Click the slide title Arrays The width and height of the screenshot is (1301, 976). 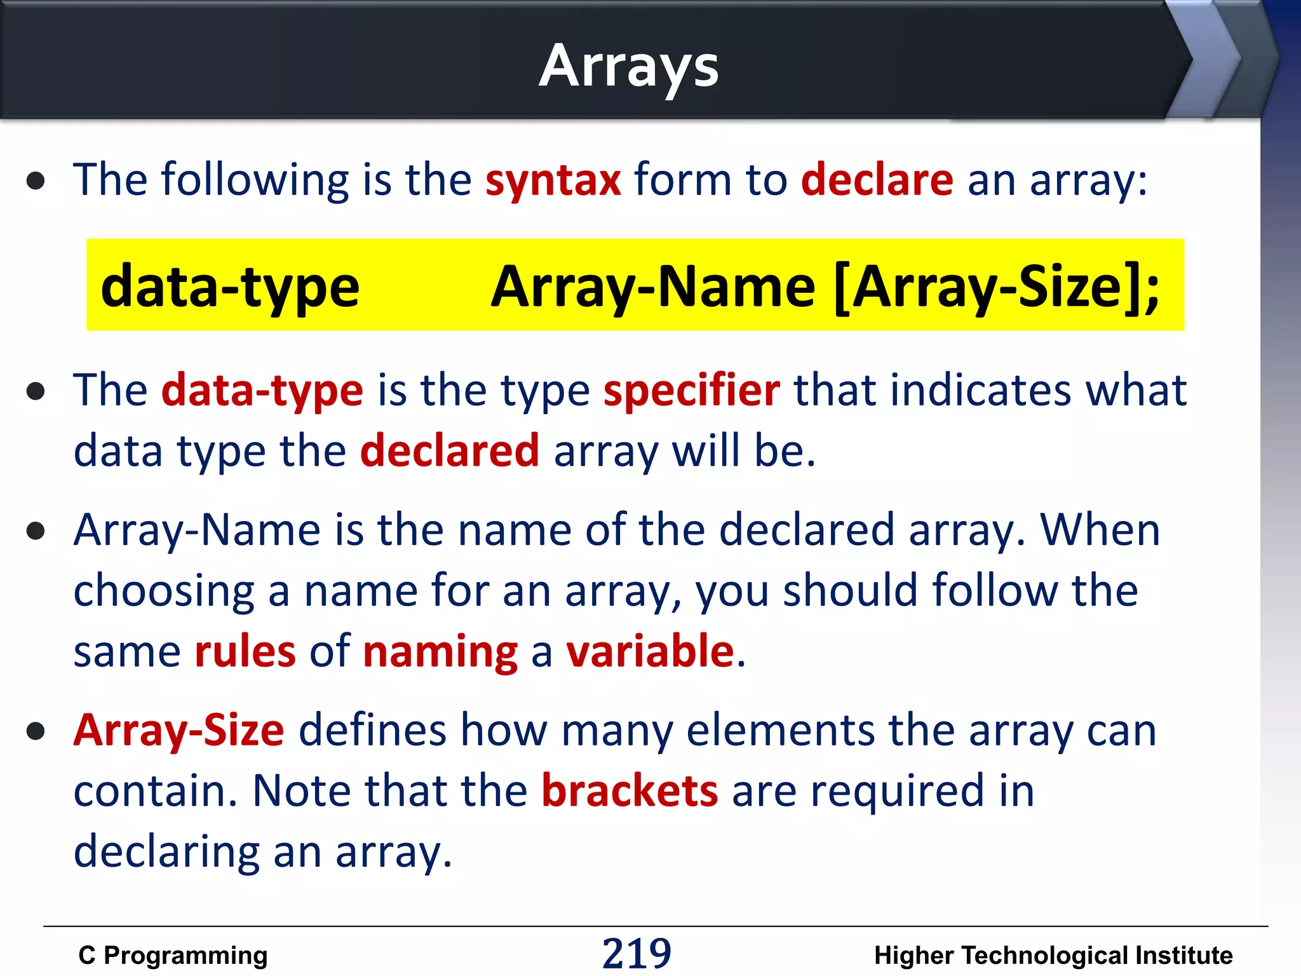click(629, 67)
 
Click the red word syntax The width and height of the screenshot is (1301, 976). click(553, 180)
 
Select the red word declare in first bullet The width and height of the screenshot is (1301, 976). click(877, 180)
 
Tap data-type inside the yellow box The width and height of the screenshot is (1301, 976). click(230, 287)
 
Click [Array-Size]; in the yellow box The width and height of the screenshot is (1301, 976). click(996, 287)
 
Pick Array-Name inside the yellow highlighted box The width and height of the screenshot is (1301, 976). click(653, 287)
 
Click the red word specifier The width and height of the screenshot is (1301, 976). click(691, 390)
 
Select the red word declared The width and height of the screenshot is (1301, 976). click(450, 451)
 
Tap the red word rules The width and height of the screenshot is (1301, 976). click(245, 652)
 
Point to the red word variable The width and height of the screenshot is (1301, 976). click(650, 652)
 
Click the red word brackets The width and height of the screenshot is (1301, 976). click(630, 791)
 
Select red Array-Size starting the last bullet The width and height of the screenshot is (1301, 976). click(179, 731)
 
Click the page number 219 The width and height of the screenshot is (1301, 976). click(636, 954)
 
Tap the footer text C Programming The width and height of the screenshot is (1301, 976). click(173, 956)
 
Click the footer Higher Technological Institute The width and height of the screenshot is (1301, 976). click(1053, 956)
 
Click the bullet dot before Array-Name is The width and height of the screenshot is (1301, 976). click(36, 531)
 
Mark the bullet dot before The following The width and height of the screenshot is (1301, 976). click(36, 181)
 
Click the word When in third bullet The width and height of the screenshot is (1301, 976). click(1100, 530)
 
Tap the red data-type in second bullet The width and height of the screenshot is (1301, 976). click(262, 390)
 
